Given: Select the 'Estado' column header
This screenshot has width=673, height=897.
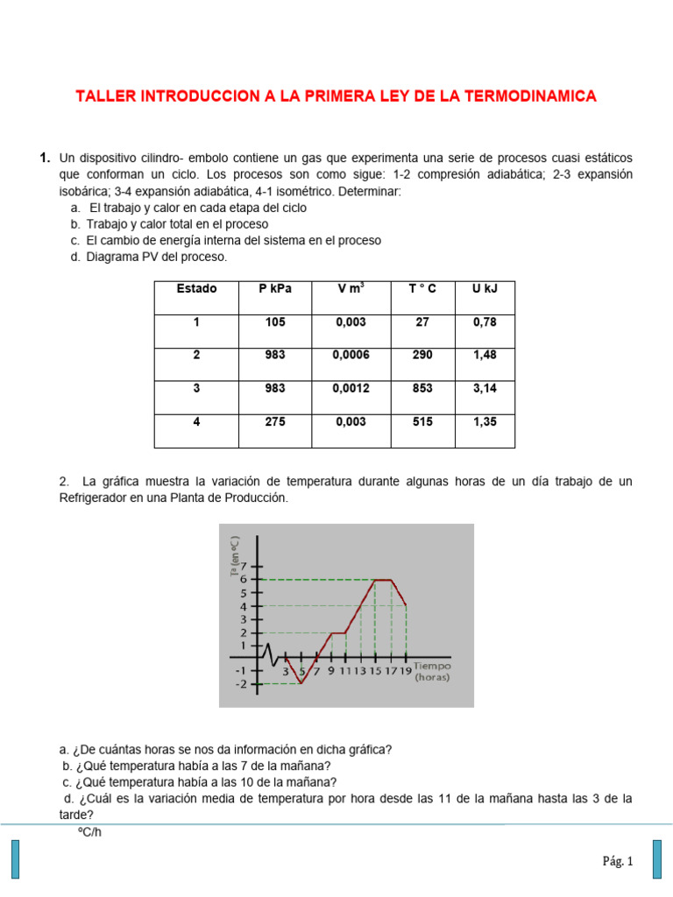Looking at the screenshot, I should click(196, 289).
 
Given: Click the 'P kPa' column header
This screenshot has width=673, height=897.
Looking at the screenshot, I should click(275, 289).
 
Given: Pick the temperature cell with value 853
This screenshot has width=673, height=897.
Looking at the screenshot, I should click(422, 388).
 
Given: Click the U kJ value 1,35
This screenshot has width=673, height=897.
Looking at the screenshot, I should click(485, 421).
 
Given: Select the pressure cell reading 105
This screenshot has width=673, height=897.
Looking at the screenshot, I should click(275, 322).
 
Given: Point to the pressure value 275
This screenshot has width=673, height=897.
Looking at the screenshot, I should click(275, 421).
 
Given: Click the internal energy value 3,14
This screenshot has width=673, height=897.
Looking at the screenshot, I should click(485, 388).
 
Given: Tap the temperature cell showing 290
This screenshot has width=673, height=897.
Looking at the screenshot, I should click(422, 355).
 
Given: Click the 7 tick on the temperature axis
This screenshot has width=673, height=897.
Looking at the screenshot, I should click(244, 566).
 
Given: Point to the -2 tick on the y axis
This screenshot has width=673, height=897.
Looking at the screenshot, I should click(242, 684).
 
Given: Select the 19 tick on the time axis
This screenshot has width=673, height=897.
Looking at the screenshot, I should click(406, 671).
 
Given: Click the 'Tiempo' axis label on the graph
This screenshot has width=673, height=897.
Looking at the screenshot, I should click(433, 665).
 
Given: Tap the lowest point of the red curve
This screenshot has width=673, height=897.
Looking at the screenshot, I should click(301, 683).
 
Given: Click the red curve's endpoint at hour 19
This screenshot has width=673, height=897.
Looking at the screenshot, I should click(406, 605).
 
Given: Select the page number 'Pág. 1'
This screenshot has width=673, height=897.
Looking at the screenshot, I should click(617, 862).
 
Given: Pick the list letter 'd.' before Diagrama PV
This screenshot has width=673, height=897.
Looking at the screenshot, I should click(77, 257).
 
